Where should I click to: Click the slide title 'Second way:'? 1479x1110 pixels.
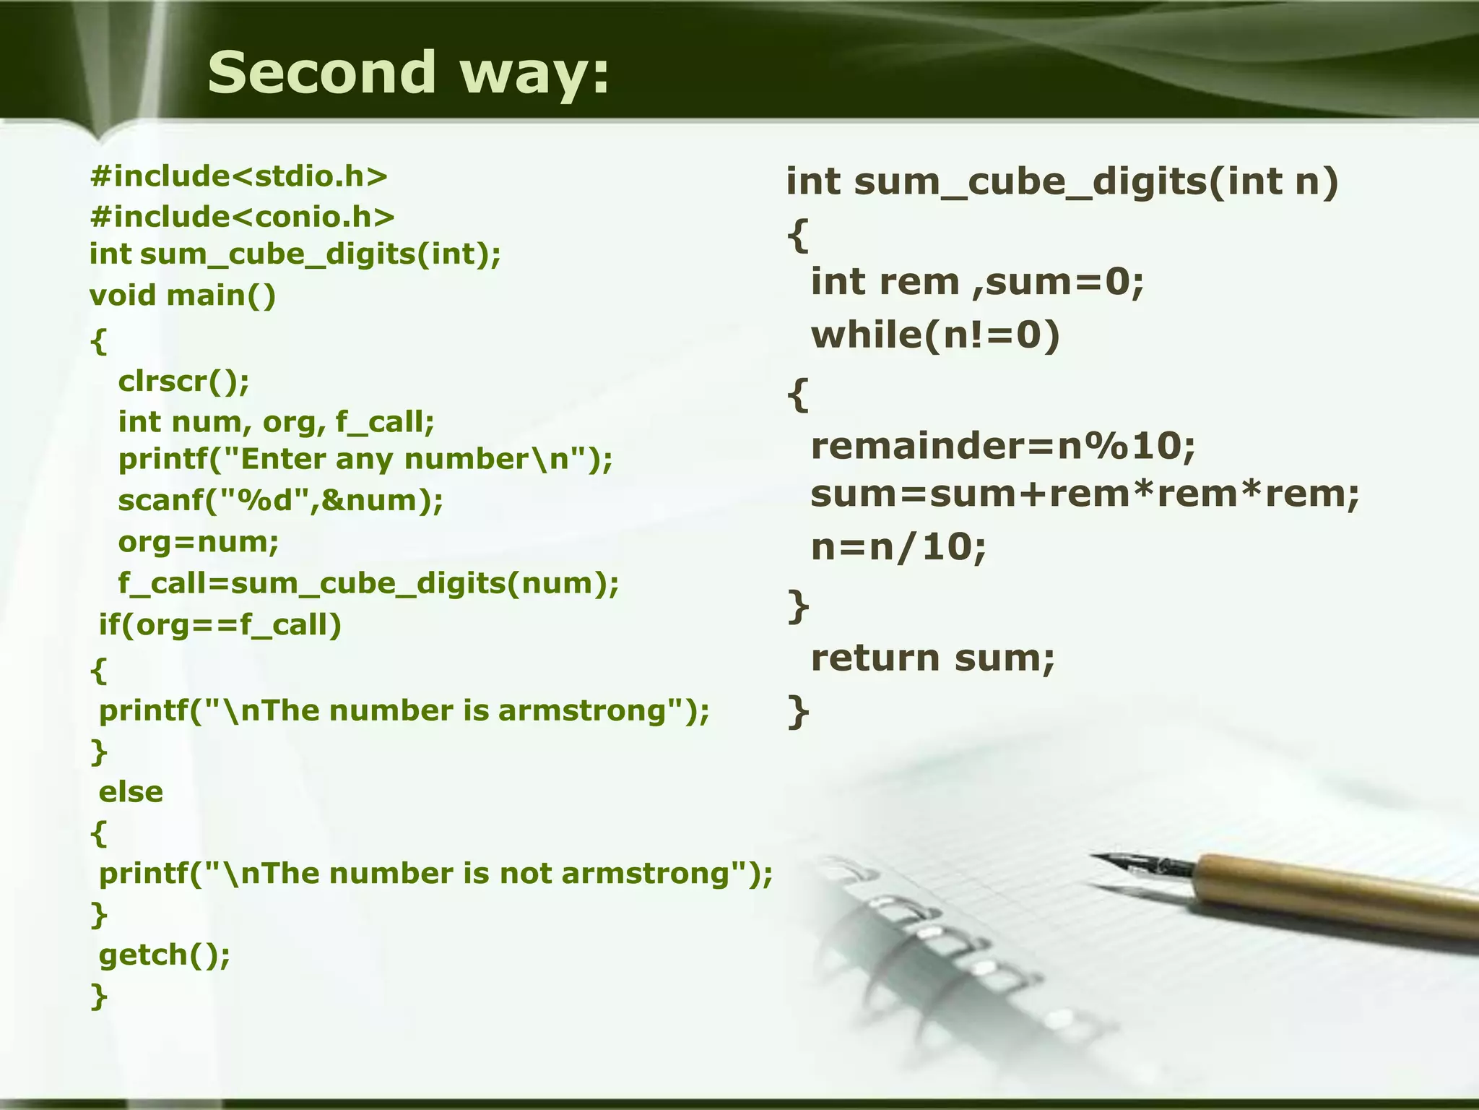[x=409, y=72]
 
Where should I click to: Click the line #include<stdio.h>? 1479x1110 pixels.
[x=239, y=176]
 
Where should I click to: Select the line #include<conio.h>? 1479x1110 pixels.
[x=243, y=217]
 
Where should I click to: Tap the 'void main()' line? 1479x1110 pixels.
[x=183, y=295]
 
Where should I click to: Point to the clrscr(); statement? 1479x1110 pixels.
[x=183, y=381]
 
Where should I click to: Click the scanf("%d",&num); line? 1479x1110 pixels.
[x=281, y=500]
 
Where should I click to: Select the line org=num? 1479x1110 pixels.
[x=199, y=541]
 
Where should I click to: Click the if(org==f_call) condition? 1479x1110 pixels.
[x=220, y=624]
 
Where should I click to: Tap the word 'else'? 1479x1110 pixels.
[x=131, y=792]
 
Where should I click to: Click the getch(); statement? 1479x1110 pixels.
[x=165, y=955]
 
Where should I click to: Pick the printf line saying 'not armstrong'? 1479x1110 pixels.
[x=435, y=874]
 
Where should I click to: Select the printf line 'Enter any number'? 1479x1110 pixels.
[x=365, y=459]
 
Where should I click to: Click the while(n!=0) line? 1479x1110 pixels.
[x=935, y=335]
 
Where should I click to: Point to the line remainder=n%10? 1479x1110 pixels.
[x=1003, y=446]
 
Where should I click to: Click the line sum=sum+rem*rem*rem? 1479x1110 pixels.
[x=1085, y=495]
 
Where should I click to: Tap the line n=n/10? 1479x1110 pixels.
[x=898, y=547]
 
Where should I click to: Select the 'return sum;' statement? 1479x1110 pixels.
[x=933, y=658]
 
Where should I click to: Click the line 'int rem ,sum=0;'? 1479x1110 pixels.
[x=978, y=281]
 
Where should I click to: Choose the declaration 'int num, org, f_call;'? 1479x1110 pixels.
[x=277, y=421]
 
